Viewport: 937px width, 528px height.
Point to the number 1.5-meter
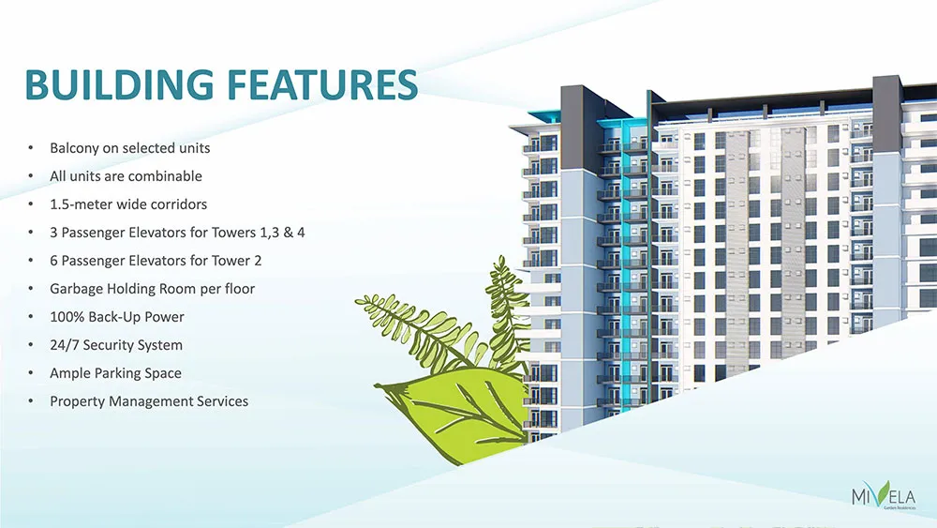81,204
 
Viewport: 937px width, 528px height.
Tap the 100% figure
67,317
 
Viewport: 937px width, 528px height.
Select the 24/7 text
64,345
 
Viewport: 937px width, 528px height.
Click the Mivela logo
884,496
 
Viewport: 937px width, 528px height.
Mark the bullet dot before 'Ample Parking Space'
31,373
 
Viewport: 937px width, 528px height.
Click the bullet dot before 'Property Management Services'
31,401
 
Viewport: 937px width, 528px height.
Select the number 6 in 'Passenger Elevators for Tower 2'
53,261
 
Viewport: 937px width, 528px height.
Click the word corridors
179,204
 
